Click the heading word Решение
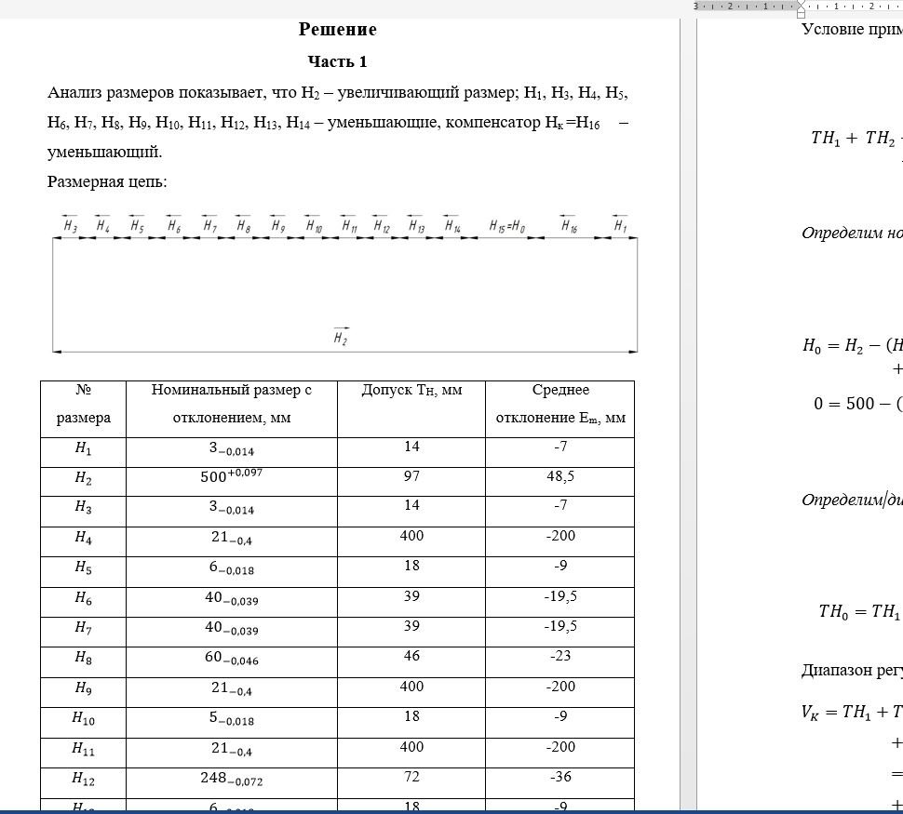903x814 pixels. point(337,30)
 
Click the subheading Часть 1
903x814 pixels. point(337,62)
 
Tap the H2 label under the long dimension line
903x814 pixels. point(341,339)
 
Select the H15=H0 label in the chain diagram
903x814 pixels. point(507,226)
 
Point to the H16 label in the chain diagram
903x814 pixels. point(568,226)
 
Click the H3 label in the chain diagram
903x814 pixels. point(70,226)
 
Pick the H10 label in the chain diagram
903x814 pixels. point(314,226)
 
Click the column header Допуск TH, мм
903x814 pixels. point(411,391)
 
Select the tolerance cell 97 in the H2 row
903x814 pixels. point(411,476)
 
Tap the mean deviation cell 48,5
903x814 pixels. point(559,476)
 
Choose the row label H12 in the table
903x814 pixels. point(83,778)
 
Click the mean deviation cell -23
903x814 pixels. point(559,656)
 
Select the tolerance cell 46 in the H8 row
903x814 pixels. point(411,656)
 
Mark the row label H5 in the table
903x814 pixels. point(83,567)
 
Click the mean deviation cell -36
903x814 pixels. point(559,778)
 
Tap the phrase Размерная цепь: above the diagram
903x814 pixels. point(107,181)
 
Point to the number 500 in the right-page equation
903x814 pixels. point(856,404)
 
